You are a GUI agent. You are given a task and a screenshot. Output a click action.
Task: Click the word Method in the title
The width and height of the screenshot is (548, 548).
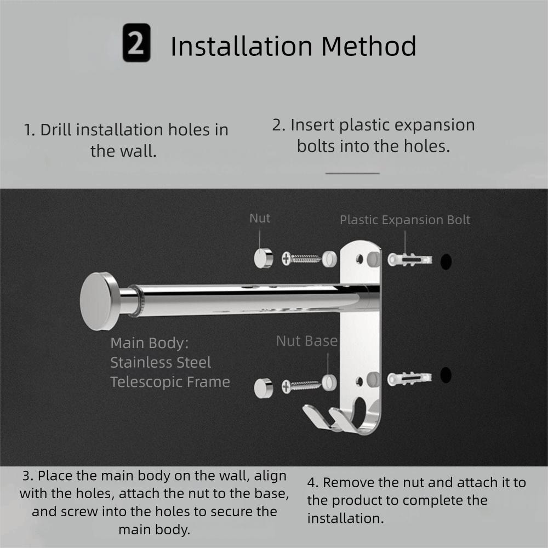coord(368,46)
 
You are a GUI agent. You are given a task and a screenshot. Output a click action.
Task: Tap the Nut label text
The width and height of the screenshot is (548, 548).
coord(260,218)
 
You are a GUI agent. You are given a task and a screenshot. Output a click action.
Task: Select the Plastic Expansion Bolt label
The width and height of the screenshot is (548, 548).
coord(405,220)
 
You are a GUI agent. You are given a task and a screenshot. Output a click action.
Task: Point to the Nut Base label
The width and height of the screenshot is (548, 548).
coord(306,341)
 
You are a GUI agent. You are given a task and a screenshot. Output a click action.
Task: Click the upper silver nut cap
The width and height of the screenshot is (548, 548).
coord(263,258)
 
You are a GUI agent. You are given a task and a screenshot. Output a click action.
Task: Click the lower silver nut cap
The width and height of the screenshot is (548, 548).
coord(263,387)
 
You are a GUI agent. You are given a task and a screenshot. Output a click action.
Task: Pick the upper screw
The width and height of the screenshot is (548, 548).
coord(301,258)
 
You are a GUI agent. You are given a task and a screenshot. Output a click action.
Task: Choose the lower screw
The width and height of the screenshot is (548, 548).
coord(301,386)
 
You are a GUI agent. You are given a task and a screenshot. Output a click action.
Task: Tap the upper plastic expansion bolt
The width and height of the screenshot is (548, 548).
coord(409,259)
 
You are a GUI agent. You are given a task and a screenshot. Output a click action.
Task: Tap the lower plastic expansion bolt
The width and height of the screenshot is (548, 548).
coord(409,378)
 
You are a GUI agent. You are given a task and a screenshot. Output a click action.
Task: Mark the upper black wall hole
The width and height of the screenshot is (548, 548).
coord(446,261)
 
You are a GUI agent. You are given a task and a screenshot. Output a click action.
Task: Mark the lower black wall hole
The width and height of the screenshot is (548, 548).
coord(446,375)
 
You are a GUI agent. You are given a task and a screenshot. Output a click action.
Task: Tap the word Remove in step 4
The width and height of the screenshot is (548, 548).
coord(349,483)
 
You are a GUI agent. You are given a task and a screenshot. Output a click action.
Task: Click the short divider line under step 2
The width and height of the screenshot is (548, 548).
coord(352,173)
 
